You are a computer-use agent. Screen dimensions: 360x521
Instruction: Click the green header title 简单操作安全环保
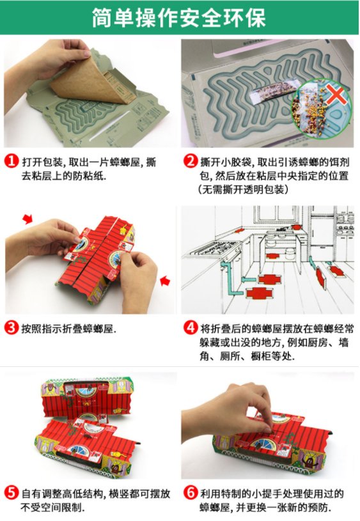click(179, 17)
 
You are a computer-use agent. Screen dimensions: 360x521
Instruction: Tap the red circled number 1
click(12, 162)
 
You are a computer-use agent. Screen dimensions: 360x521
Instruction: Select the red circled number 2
click(191, 161)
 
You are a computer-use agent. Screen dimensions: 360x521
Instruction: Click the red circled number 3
click(12, 328)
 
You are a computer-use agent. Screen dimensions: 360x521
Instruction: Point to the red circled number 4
click(191, 328)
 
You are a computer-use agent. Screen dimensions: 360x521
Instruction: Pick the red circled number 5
click(12, 492)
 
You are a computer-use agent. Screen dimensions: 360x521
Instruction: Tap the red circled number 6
click(191, 492)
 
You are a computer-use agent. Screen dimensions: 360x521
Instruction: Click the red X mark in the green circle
click(335, 93)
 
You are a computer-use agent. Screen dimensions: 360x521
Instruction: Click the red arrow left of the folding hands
click(27, 219)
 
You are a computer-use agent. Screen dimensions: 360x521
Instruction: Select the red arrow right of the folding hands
click(165, 281)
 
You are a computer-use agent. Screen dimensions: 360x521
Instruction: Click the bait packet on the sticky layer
click(275, 88)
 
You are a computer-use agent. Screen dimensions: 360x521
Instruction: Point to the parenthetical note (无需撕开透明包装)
click(243, 189)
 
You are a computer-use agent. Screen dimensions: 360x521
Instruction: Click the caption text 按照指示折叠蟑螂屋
click(69, 329)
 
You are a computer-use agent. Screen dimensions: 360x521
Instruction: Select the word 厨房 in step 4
click(317, 342)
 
